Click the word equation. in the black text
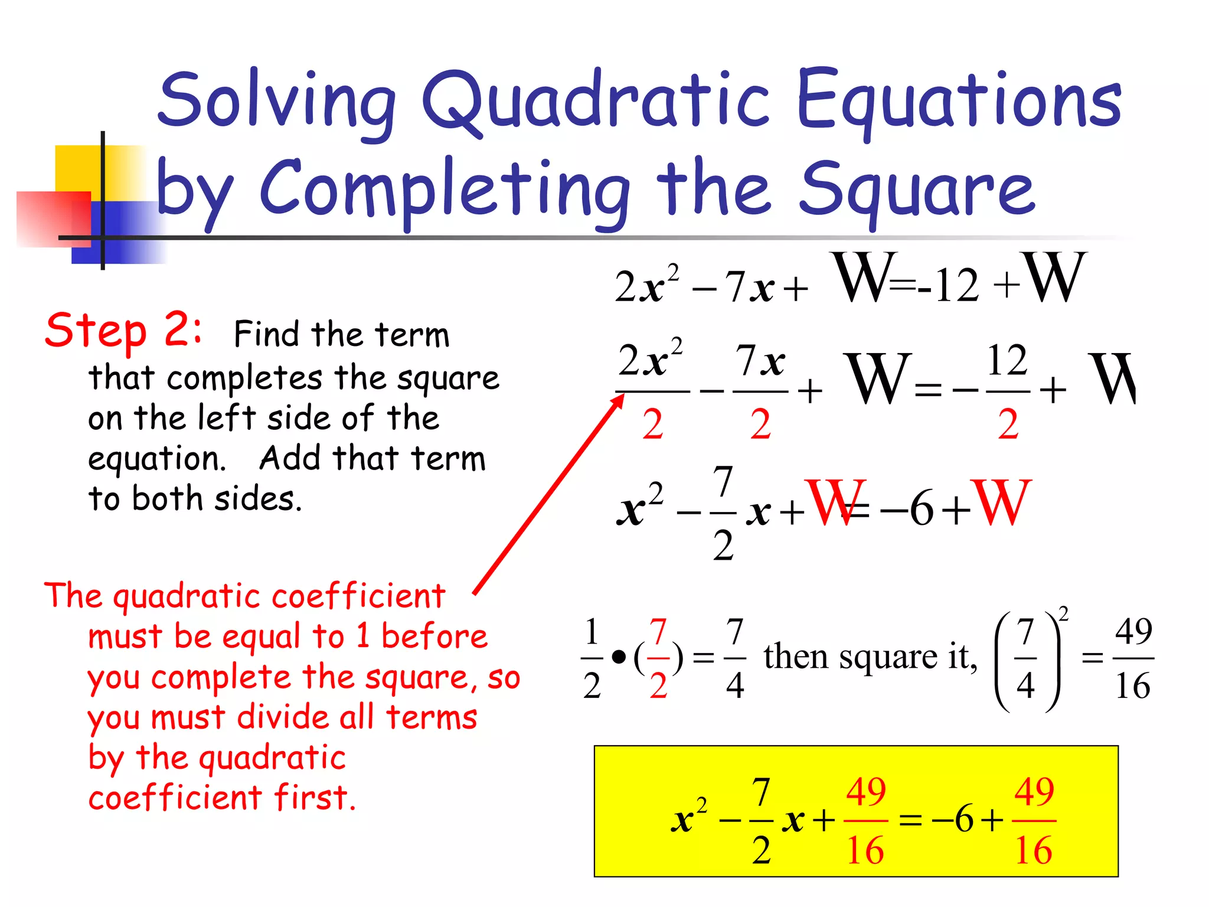pos(157,459)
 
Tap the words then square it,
pos(870,657)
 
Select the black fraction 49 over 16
pos(1133,658)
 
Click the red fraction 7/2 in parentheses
pos(658,658)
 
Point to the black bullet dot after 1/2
pos(618,657)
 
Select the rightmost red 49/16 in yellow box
pos(1034,821)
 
